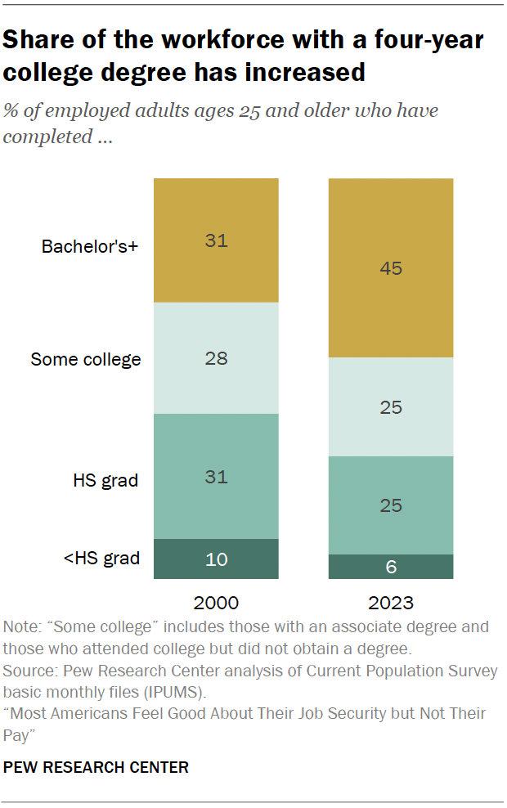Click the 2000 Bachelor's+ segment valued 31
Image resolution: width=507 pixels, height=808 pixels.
point(216,240)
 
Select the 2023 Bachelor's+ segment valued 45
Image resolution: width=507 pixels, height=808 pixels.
point(391,268)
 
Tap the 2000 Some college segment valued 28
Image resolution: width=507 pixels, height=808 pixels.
point(216,358)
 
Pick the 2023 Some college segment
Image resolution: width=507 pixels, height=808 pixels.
point(391,406)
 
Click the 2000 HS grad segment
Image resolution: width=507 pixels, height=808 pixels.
point(216,476)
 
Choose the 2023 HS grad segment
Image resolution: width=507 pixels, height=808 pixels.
point(391,505)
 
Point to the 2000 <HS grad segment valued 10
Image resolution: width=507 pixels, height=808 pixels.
point(216,559)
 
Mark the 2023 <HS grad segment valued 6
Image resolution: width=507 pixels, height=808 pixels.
point(391,567)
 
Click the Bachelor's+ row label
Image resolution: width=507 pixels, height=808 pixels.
point(89,245)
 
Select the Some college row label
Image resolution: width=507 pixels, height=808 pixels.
point(86,359)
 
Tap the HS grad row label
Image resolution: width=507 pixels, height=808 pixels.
point(105,480)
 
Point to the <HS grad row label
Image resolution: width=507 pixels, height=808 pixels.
point(101,559)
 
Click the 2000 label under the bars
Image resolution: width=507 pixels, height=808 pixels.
point(216,604)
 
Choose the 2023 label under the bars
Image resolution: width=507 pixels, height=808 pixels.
point(391,604)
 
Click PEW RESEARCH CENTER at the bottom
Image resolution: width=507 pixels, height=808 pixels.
point(96,767)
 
